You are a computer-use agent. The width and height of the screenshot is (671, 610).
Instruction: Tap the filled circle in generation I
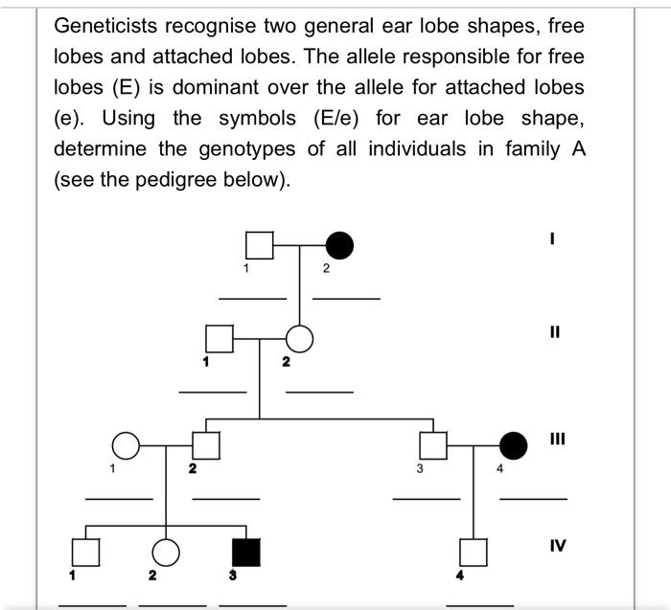[339, 246]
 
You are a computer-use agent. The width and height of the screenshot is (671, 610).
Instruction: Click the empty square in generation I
[259, 246]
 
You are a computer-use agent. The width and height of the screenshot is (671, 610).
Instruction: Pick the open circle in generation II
[300, 339]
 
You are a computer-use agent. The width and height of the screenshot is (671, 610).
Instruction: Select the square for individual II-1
[220, 339]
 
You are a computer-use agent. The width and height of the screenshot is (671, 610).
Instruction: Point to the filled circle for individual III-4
[515, 445]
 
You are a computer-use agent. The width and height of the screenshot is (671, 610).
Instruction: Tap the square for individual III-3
[435, 445]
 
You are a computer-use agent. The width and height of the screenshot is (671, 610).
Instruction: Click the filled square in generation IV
[246, 552]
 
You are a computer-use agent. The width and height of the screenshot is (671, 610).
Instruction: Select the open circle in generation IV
[167, 552]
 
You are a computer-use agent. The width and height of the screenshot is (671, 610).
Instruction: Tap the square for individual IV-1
[86, 552]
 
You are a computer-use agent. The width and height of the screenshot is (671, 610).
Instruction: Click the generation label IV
[558, 546]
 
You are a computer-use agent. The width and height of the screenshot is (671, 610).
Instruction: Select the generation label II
[555, 333]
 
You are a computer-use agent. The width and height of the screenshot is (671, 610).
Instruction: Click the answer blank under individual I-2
[346, 299]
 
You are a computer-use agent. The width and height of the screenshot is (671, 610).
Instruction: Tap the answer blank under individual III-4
[533, 499]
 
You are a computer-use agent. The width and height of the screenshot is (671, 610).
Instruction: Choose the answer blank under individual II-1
[212, 392]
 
